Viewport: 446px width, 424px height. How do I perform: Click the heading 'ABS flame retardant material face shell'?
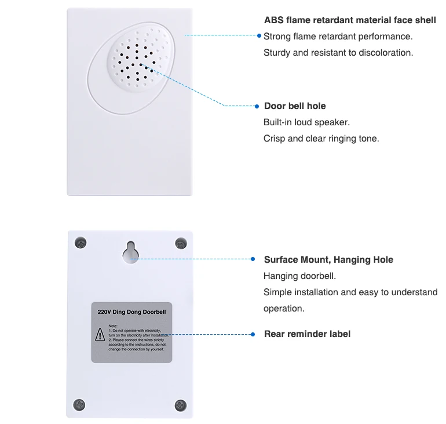tap(350, 20)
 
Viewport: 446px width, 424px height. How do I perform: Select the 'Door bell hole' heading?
tap(295, 106)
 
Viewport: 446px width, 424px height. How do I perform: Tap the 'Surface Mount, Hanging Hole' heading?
tap(328, 259)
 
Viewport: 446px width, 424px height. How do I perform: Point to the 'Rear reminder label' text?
tap(307, 334)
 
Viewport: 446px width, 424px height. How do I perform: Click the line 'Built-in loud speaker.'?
tap(306, 122)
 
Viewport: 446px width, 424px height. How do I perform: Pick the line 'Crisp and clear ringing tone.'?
tap(321, 138)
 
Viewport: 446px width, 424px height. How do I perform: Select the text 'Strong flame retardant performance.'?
tap(338, 36)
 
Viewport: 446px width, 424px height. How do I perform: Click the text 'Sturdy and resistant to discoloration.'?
tap(338, 52)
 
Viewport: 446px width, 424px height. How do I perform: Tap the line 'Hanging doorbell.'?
tap(299, 276)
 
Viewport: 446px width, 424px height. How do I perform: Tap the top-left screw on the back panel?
tap(81, 243)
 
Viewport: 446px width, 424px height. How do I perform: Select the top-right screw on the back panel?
tap(181, 243)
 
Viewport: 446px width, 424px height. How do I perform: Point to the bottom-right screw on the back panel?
tap(180, 404)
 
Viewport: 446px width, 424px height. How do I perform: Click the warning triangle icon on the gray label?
tap(100, 335)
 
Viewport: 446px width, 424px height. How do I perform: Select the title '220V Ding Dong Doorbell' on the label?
tap(131, 311)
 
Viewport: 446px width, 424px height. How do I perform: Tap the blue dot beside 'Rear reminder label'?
tap(253, 334)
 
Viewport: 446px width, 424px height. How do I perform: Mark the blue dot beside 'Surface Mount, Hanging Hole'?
tap(253, 259)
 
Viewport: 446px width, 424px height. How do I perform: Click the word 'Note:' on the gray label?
tap(113, 326)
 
